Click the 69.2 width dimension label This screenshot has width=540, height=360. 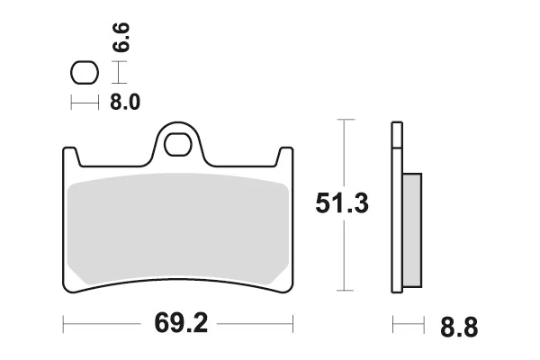(x=181, y=323)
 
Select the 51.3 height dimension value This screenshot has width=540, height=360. (x=342, y=203)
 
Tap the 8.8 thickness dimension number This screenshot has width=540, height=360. (x=459, y=328)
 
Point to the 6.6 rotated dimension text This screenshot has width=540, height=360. (x=121, y=37)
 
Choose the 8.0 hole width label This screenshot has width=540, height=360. (x=125, y=103)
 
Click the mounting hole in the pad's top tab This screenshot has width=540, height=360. (x=177, y=144)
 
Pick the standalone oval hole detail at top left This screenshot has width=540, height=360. (x=85, y=72)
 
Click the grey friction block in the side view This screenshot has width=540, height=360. (x=412, y=230)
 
